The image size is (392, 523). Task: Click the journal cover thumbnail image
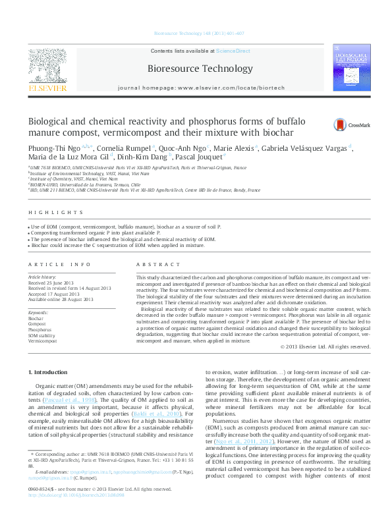coord(352,68)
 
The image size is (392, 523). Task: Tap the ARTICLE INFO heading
coord(59,265)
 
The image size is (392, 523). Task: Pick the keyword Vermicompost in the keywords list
coord(42,342)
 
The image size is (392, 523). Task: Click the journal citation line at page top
coord(200,32)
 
